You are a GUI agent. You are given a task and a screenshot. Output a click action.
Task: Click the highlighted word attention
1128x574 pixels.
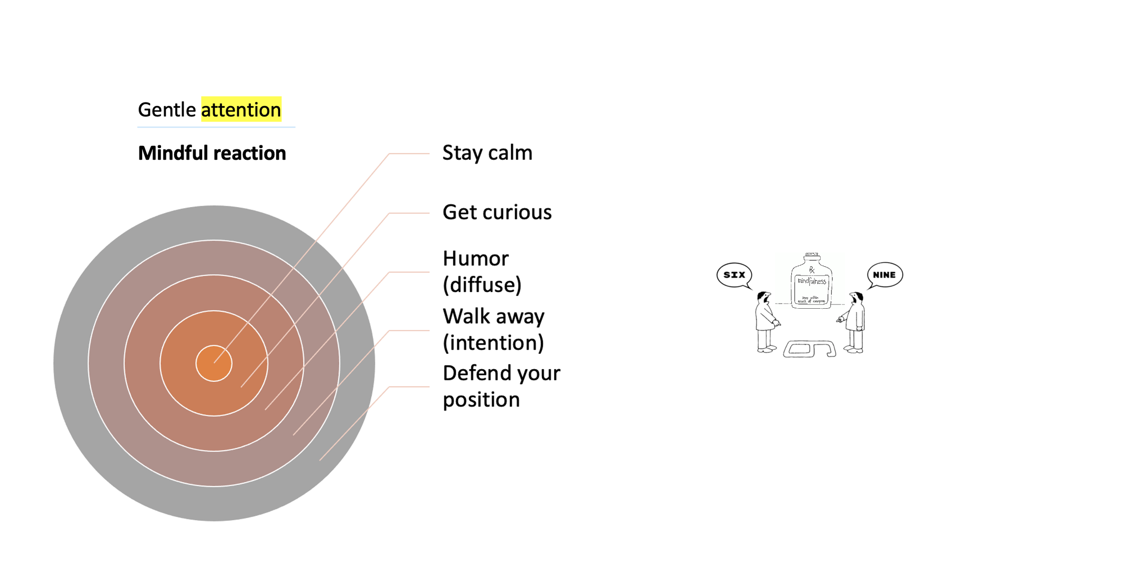(241, 110)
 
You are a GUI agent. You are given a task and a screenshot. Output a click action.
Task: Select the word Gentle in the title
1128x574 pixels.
(166, 110)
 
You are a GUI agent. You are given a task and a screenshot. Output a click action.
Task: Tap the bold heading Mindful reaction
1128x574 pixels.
(212, 153)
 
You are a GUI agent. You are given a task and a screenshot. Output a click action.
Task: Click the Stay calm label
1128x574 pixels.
(487, 153)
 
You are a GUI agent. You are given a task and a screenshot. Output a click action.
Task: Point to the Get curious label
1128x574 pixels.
(497, 212)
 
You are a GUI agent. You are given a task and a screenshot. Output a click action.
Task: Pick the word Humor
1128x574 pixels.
(476, 259)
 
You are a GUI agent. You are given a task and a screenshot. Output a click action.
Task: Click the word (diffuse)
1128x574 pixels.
(482, 285)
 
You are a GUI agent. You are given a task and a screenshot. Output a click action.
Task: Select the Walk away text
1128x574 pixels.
(494, 316)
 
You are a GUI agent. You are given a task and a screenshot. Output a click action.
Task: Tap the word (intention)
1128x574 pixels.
(493, 343)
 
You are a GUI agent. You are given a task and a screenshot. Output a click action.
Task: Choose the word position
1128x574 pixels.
(481, 400)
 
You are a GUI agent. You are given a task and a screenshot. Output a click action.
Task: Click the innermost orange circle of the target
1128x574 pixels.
(214, 363)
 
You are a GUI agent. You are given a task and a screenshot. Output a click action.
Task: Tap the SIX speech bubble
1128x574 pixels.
(734, 275)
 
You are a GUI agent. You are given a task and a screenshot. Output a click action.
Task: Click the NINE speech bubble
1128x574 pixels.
(884, 275)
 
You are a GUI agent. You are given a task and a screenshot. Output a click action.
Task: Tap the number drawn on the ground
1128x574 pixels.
(809, 349)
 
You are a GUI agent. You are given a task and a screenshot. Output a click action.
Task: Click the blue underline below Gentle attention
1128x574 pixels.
(216, 127)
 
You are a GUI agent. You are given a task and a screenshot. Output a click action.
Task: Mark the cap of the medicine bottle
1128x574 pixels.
(812, 256)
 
